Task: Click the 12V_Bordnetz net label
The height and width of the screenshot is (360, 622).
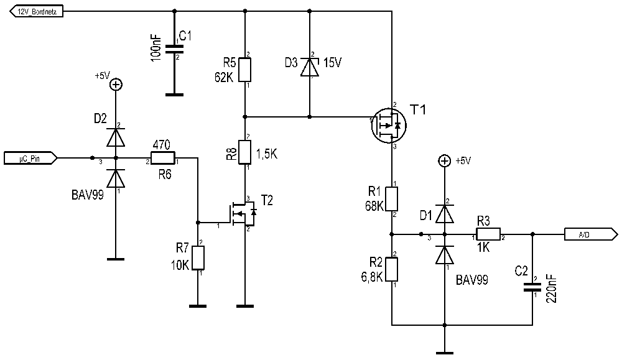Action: tap(36, 12)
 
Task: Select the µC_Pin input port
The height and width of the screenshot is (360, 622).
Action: tap(30, 158)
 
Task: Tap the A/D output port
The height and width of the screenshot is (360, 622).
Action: tap(591, 234)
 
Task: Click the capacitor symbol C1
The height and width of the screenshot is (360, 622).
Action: tap(174, 49)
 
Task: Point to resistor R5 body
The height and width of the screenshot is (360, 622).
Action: tap(244, 70)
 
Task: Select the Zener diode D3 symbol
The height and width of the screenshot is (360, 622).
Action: tap(310, 67)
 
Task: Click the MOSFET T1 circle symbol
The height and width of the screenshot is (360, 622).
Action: tap(389, 126)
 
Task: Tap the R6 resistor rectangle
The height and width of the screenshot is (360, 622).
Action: tap(162, 158)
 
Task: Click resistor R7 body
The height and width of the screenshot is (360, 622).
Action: tap(198, 258)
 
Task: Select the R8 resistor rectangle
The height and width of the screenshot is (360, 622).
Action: tap(244, 152)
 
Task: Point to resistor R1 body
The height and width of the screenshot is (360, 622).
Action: tap(391, 199)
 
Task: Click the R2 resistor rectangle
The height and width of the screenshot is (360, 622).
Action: tap(391, 269)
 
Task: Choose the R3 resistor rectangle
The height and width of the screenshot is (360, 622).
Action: tap(488, 234)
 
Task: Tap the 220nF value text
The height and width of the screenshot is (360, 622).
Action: tap(552, 288)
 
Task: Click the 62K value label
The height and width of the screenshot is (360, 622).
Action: tap(224, 77)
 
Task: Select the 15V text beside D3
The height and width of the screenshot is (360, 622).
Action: tap(332, 63)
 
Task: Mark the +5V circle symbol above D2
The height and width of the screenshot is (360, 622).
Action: tap(116, 85)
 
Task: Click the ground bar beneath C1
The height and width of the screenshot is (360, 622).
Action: tap(174, 95)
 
